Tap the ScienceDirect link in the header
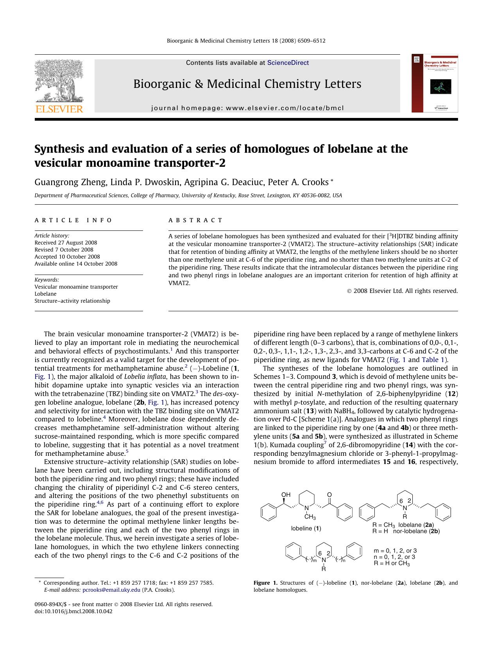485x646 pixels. pos(288,63)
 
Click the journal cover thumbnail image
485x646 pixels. pos(435,84)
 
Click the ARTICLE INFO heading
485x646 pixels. pos(73,220)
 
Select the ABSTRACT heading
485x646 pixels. pos(195,220)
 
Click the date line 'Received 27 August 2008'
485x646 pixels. pos(66,243)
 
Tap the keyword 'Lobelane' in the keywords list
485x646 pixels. pos(45,294)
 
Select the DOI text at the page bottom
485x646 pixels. pos(73,611)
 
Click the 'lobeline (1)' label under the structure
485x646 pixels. pos(306,528)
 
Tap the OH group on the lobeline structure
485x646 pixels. pos(286,495)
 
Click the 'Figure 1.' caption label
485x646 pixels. pos(265,583)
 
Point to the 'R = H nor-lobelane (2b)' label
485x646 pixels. pos(406,531)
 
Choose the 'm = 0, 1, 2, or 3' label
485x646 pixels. pos(395,551)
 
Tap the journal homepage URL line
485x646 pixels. pos(247,108)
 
